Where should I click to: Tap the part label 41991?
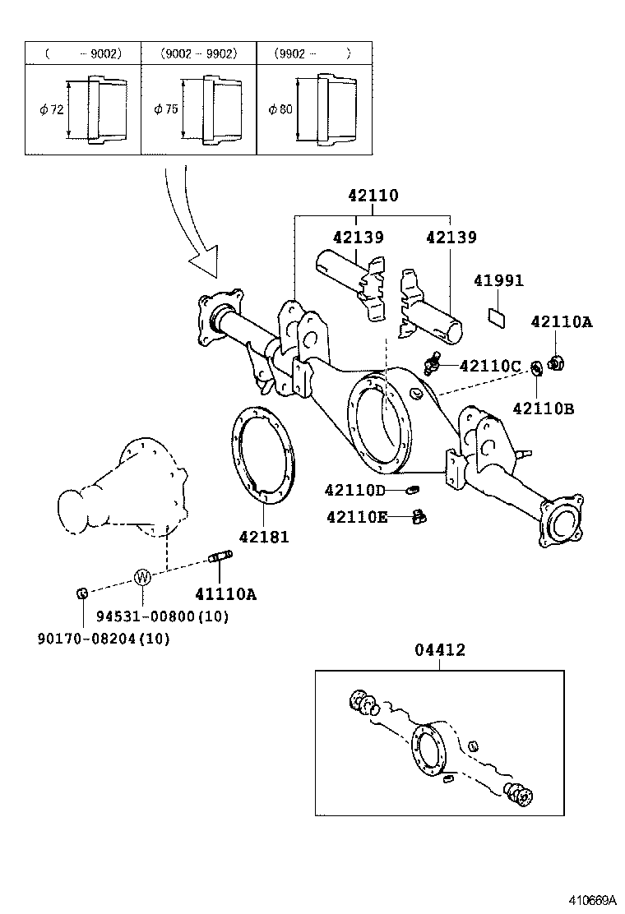[x=498, y=281]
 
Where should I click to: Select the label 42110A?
[x=560, y=322]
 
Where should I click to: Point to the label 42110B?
[x=544, y=408]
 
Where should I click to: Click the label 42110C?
[x=490, y=366]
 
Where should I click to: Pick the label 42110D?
[x=354, y=491]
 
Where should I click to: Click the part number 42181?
[x=264, y=537]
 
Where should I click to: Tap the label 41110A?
[x=225, y=594]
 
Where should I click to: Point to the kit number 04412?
[x=439, y=650]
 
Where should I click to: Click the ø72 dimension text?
[x=51, y=110]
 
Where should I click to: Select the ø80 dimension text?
[x=280, y=110]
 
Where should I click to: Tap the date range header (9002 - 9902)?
[x=199, y=53]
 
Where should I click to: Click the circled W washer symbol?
[x=142, y=577]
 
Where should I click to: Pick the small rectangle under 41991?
[x=498, y=316]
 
